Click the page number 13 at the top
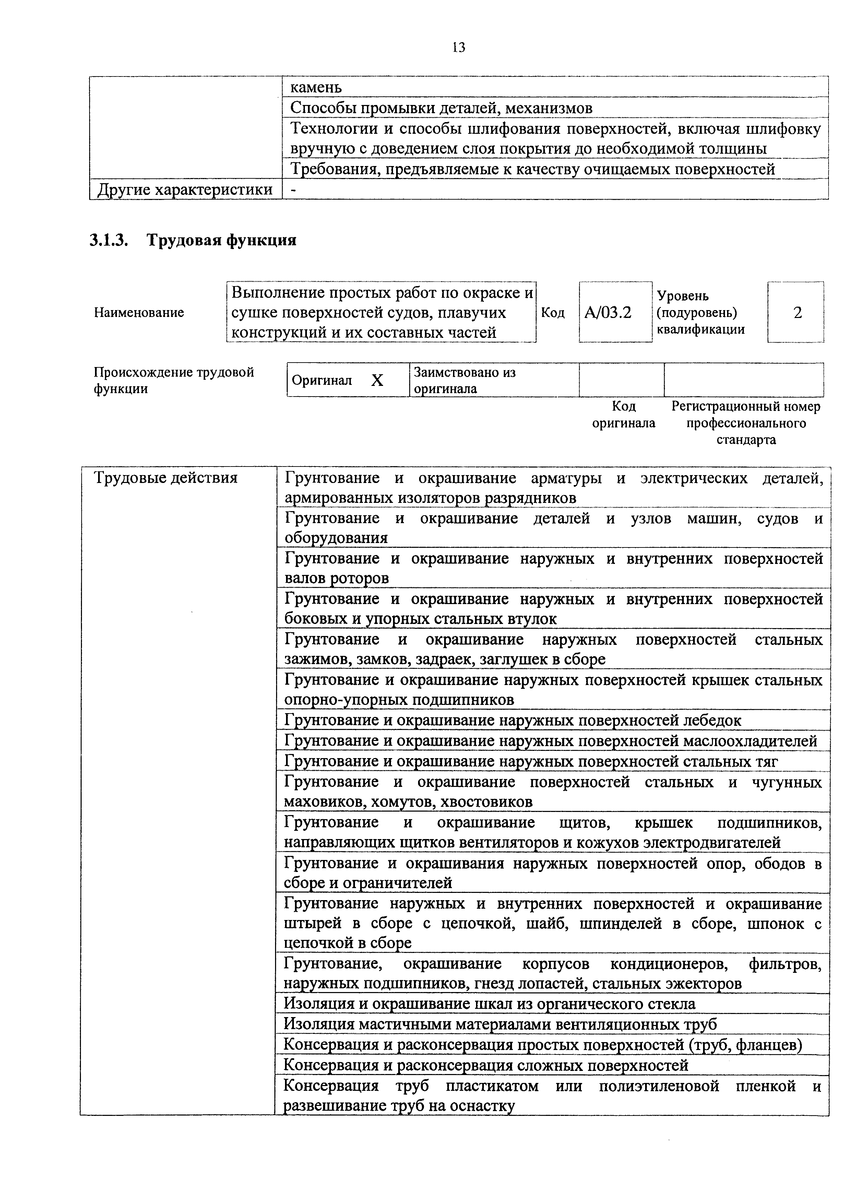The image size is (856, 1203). (x=459, y=48)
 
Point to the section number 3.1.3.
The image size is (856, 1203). (x=109, y=240)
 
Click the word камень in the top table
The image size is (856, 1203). (x=316, y=87)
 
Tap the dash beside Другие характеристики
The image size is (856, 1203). (x=293, y=189)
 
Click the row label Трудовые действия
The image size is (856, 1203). (x=166, y=477)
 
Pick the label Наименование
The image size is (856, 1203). (x=139, y=312)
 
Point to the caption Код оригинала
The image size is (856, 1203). (x=623, y=414)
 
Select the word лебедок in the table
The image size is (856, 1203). (x=712, y=720)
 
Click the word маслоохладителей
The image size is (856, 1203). (x=750, y=741)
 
